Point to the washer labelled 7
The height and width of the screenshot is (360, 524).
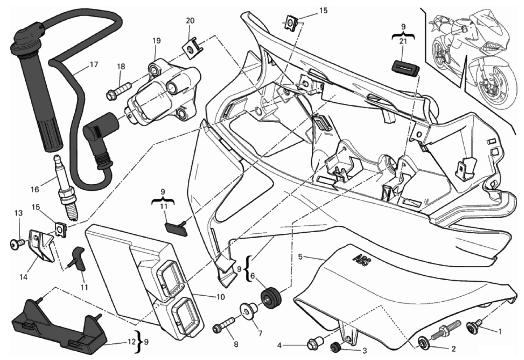pos(248,312)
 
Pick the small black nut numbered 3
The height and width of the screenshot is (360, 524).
pos(335,347)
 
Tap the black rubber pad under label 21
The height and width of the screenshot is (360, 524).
pos(406,67)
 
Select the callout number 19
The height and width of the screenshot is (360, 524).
pos(156,41)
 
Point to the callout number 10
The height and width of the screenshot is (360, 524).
pos(220,297)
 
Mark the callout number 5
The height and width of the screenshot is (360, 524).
pos(300,257)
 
